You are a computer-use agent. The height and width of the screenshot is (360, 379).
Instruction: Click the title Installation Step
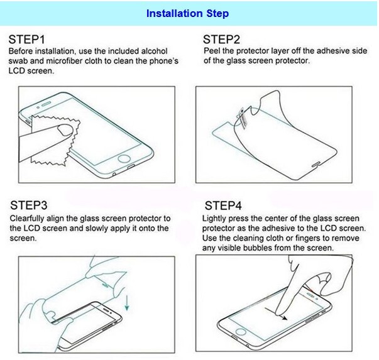[187, 14]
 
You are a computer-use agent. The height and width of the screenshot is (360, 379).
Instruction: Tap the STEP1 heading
[26, 40]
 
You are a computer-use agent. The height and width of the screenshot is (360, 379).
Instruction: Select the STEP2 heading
[221, 40]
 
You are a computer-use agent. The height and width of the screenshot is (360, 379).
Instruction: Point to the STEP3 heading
[28, 205]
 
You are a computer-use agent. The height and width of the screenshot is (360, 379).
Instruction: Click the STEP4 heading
[223, 205]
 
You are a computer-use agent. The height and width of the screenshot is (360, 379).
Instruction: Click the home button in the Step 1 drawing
[124, 159]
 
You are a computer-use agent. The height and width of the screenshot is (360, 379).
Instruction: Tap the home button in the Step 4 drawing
[241, 331]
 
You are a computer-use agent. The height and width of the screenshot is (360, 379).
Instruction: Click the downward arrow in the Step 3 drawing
[127, 303]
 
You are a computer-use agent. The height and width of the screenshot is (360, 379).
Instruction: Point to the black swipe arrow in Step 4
[276, 314]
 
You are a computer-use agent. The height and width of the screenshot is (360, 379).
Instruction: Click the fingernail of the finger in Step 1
[65, 131]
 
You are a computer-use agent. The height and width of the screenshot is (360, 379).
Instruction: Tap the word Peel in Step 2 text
[211, 51]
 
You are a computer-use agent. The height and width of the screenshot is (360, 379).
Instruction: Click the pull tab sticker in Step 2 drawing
[242, 117]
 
